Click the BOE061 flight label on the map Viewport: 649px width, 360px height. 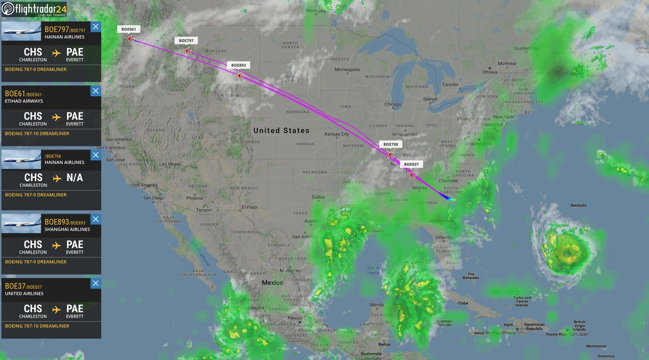point(128,29)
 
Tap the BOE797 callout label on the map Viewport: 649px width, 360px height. point(187,41)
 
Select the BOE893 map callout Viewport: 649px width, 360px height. point(239,65)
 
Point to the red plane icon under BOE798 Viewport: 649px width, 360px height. point(390,155)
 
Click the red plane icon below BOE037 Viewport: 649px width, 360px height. point(412,175)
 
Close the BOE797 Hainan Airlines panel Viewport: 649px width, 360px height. point(95,27)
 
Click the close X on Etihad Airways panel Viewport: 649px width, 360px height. point(95,91)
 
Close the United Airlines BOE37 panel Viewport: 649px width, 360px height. point(95,283)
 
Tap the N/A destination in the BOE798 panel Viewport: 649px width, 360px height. point(75,177)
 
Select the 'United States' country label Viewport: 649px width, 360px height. point(281,130)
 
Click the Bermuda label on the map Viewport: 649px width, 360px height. point(578,205)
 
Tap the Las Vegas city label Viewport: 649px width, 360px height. point(170,164)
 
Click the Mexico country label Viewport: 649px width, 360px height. point(273,283)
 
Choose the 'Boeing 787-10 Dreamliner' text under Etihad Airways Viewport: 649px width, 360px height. point(37,134)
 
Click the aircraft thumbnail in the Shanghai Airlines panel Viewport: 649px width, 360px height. point(22,223)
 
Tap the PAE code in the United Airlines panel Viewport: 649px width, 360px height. point(75,309)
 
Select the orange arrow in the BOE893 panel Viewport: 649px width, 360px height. point(56,245)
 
